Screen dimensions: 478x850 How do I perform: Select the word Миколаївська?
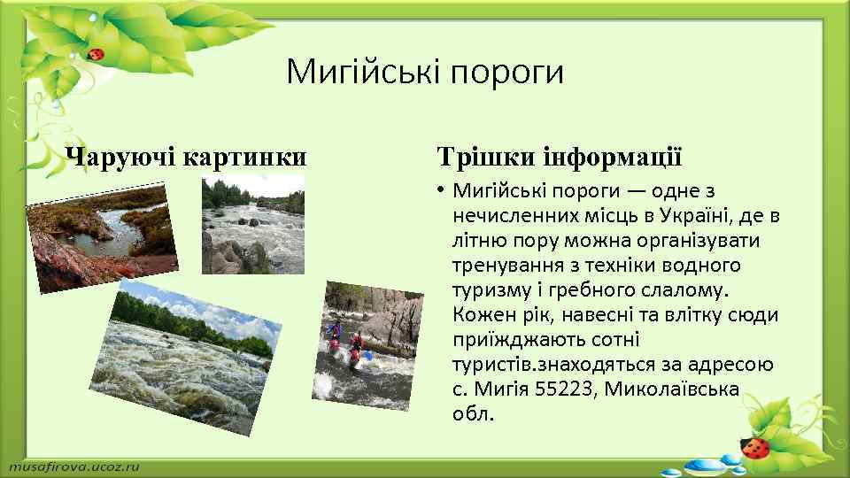point(672,389)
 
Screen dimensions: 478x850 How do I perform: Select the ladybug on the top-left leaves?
point(96,54)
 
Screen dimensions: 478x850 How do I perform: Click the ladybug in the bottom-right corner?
point(755,448)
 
